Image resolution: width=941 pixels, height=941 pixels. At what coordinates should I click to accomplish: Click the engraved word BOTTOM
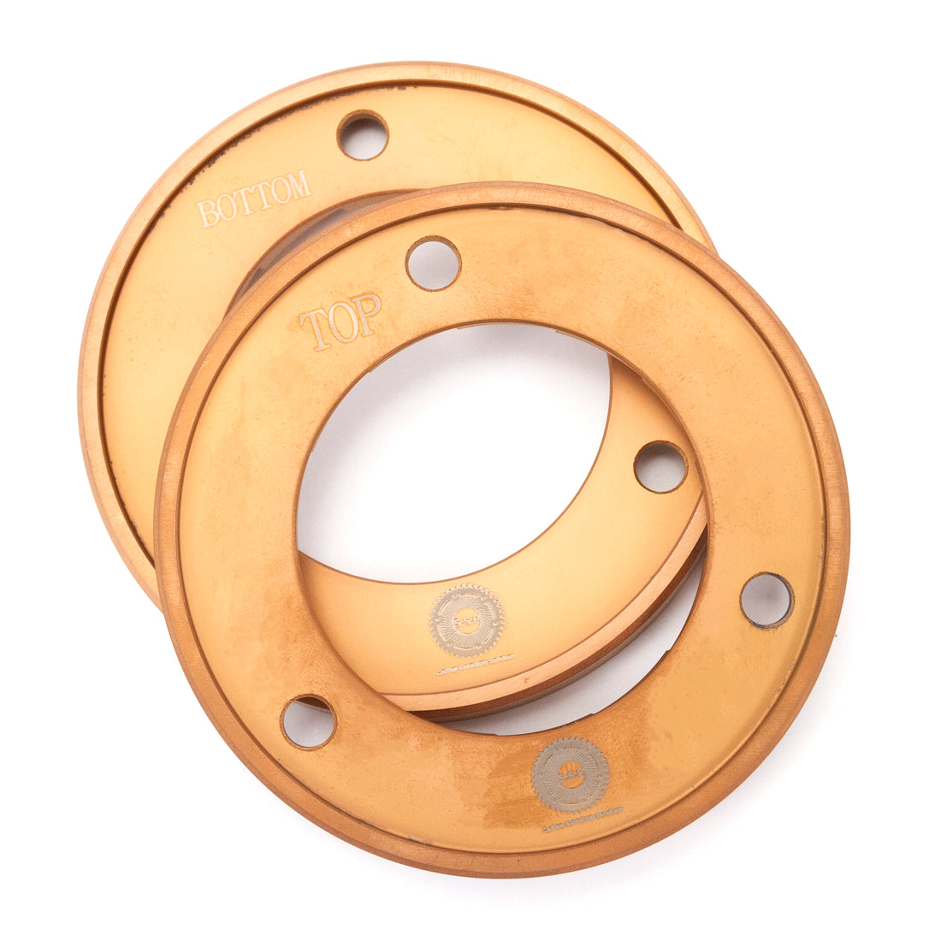tap(254, 198)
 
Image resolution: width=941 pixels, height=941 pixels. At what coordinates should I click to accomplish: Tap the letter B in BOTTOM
tap(207, 213)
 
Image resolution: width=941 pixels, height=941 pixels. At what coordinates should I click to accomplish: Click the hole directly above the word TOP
tap(433, 263)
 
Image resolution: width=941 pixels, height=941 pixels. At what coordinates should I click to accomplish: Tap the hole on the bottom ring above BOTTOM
tap(363, 135)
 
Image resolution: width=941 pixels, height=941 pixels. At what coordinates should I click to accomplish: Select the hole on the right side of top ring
tap(766, 600)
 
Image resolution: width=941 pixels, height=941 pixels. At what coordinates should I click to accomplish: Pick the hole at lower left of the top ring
tap(308, 722)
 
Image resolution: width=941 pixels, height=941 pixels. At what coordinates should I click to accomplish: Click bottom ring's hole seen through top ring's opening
tap(660, 467)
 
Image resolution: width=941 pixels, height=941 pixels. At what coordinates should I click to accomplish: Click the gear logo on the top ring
tap(570, 774)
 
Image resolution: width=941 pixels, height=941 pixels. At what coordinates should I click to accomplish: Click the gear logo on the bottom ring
tap(466, 620)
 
